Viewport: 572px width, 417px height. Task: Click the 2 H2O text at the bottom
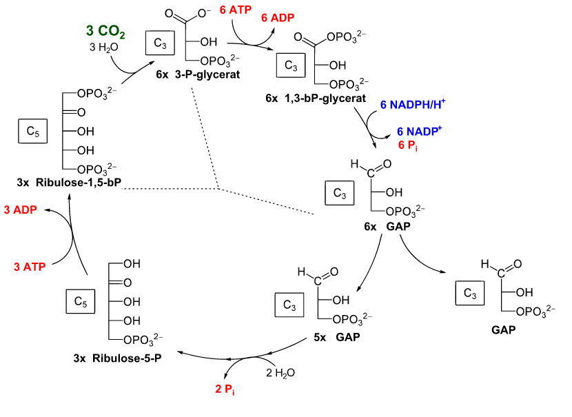pos(282,372)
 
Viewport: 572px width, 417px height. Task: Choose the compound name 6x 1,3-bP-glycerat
pos(315,99)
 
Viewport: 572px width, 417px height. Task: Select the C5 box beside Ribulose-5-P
pos(79,301)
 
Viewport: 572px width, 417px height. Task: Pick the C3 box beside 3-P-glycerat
pos(161,45)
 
